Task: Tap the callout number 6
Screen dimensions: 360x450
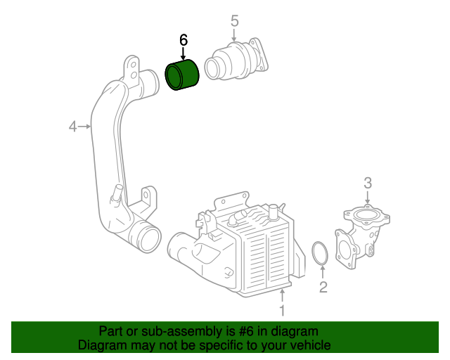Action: click(184, 40)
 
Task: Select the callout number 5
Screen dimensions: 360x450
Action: click(234, 21)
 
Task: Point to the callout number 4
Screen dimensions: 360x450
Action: click(72, 127)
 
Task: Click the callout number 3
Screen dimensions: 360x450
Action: click(368, 184)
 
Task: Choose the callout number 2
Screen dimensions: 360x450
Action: click(323, 286)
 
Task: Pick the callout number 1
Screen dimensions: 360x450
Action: click(282, 309)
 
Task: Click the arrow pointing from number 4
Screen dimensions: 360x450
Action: click(85, 127)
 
